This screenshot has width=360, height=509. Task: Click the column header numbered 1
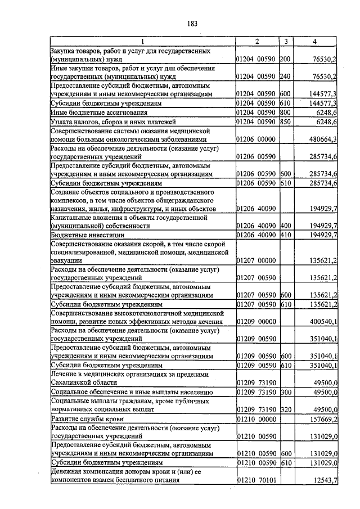pyautogui.click(x=142, y=41)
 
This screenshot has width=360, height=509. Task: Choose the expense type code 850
pyautogui.click(x=285, y=121)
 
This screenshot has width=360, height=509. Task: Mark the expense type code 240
pyautogui.click(x=285, y=76)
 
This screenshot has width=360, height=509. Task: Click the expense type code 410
pyautogui.click(x=285, y=235)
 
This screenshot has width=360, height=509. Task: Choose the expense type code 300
pyautogui.click(x=285, y=391)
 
